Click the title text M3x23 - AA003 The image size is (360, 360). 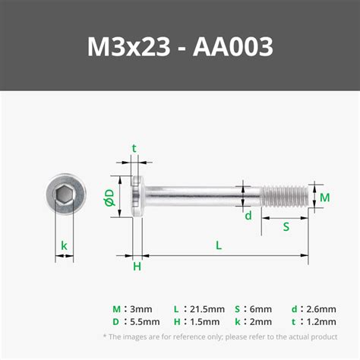(180, 46)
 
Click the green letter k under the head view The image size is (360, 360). (65, 245)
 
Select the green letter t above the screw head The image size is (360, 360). (134, 149)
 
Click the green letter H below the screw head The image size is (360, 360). (137, 267)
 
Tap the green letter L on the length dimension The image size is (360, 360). (219, 245)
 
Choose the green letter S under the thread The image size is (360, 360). (286, 226)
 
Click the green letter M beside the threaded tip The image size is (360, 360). (324, 197)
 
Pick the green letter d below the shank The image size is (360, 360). (248, 216)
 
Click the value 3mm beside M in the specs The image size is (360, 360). (141, 309)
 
